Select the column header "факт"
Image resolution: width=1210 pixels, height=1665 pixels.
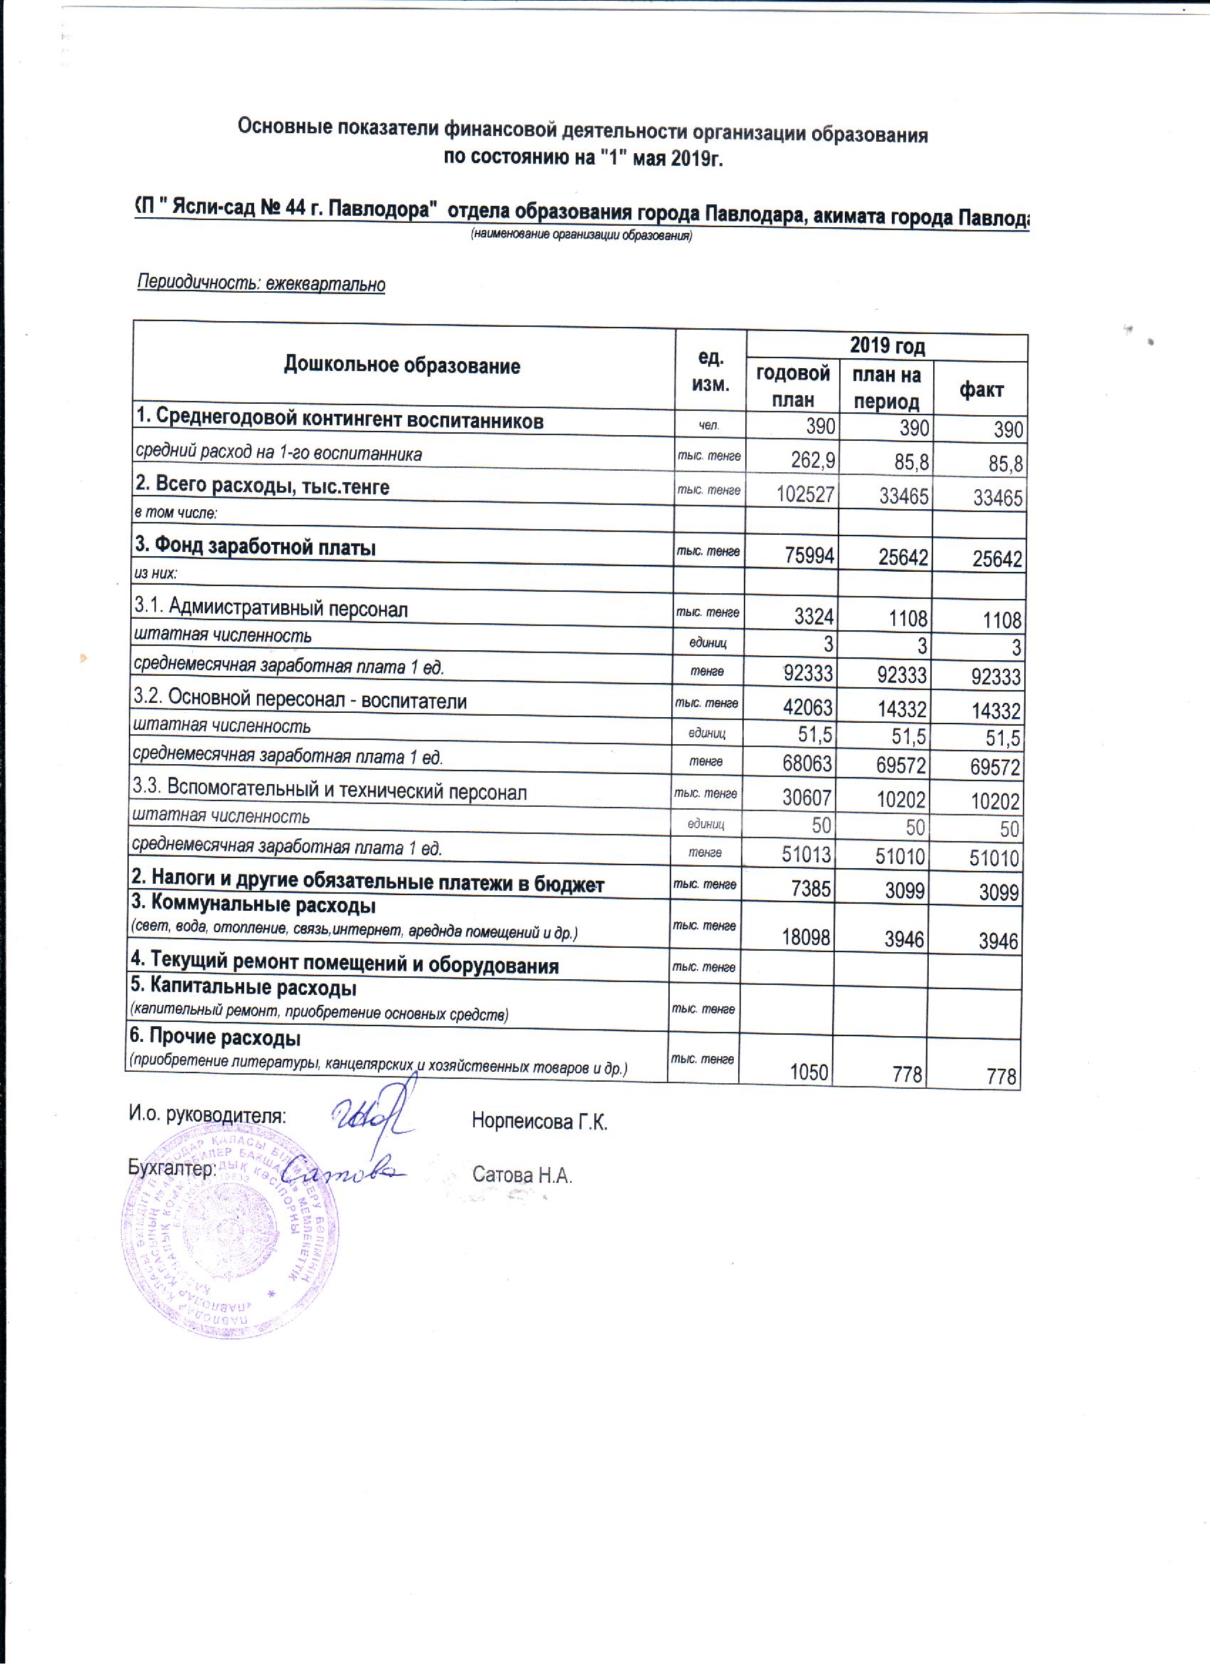click(980, 390)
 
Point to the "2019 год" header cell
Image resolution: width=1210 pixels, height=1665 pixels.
click(886, 347)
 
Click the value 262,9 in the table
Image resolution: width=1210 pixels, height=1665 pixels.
click(808, 461)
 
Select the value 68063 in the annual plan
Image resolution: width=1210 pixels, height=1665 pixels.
click(808, 765)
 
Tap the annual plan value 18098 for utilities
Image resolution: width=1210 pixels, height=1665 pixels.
click(806, 939)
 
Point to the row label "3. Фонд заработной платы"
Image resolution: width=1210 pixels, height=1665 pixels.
click(255, 548)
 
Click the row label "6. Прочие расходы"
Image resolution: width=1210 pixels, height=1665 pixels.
click(215, 1038)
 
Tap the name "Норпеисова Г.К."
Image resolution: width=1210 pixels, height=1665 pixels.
click(540, 1122)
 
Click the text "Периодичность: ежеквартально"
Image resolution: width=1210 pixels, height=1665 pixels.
click(261, 283)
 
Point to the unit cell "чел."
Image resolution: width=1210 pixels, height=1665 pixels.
click(708, 425)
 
